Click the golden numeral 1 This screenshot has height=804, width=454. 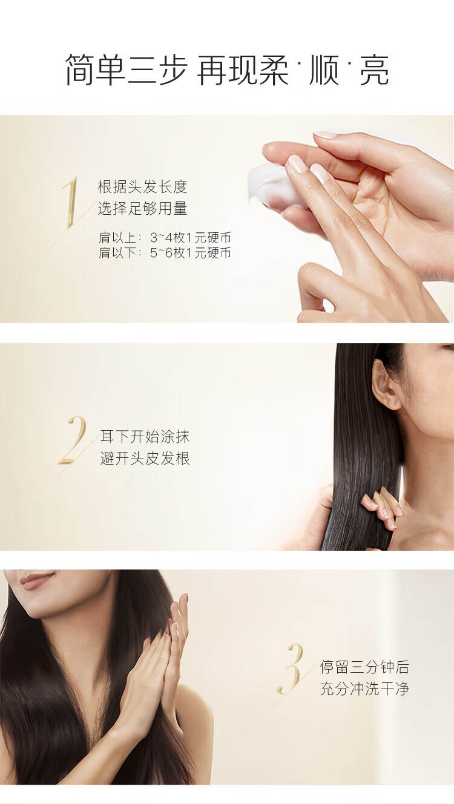[x=71, y=203]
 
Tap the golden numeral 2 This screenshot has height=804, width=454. [x=73, y=440]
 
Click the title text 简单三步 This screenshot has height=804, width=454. [x=127, y=70]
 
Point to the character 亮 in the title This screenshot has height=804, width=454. [x=374, y=70]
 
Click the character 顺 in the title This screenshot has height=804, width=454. [x=324, y=70]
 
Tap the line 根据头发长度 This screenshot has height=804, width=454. [x=143, y=187]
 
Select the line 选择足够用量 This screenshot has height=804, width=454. [x=143, y=209]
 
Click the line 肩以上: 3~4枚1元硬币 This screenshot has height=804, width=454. [x=165, y=238]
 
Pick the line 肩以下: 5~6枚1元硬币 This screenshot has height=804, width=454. [x=165, y=253]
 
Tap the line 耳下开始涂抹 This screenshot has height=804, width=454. [x=145, y=436]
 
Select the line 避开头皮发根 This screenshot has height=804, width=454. [x=145, y=459]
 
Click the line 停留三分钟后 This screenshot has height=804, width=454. [x=364, y=667]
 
